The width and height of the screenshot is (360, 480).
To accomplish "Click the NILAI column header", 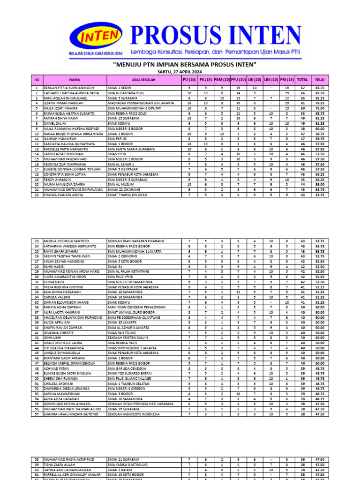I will tap(320, 80).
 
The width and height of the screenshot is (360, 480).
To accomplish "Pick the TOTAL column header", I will tap(302, 80).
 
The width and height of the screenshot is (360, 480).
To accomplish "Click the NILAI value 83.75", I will tap(320, 88).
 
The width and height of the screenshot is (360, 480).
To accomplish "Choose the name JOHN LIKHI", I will tap(52, 337).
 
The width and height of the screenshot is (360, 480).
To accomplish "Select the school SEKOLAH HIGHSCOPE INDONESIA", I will tap(133, 414).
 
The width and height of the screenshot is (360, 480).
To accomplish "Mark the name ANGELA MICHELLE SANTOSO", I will tap(66, 241).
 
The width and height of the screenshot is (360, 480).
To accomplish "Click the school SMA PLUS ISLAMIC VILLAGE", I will tap(129, 378).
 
